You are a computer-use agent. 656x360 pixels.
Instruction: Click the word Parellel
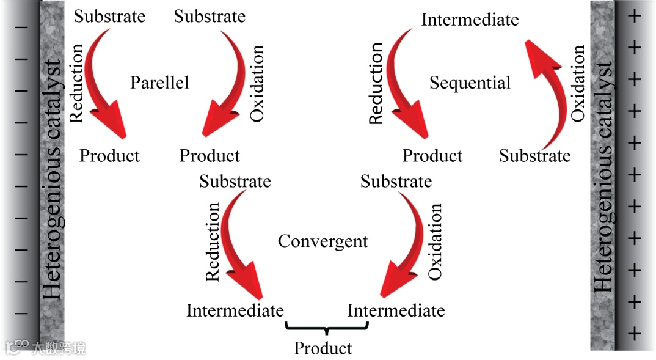coord(159,83)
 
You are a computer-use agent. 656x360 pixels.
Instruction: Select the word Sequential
coord(470,83)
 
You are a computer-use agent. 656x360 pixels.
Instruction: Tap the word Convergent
coord(323,241)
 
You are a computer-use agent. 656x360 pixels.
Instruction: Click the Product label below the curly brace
coord(323,348)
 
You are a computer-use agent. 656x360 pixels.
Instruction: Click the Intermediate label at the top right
coord(470,20)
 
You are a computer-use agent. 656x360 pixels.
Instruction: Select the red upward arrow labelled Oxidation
coord(549,92)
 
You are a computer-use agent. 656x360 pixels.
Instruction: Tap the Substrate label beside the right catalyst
coord(534,156)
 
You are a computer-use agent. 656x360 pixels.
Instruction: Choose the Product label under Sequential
coord(432,156)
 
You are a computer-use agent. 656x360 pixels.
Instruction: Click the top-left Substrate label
coord(110,16)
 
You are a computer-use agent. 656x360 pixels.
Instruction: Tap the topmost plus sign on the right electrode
coord(635,16)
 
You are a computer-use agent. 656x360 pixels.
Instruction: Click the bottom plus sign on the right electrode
coord(635,334)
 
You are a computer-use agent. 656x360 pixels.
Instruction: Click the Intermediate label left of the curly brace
coord(235,310)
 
